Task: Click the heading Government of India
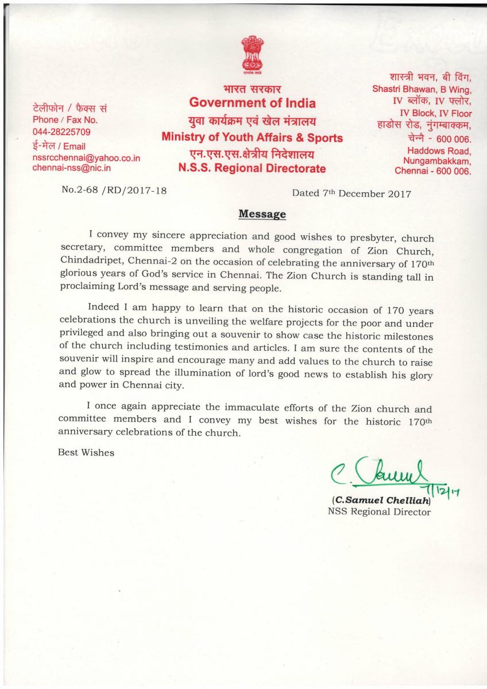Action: point(253,103)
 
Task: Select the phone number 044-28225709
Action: point(62,132)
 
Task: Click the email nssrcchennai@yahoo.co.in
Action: point(87,157)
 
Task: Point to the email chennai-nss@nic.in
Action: point(72,168)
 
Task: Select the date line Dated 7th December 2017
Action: point(351,193)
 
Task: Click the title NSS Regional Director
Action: point(378,512)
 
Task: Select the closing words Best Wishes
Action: point(86,452)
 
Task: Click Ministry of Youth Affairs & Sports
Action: point(253,138)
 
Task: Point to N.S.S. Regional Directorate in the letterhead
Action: point(253,169)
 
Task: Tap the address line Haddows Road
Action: point(443,150)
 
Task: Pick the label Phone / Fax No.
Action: point(65,120)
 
